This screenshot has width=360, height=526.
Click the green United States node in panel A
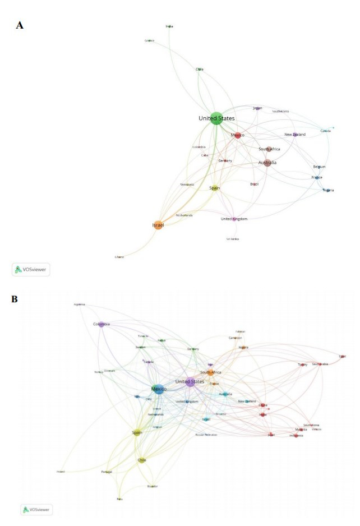click(x=216, y=119)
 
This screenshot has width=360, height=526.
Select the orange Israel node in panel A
click(x=158, y=225)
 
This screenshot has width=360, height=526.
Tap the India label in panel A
click(x=169, y=26)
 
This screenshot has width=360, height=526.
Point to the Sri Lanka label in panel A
click(x=233, y=239)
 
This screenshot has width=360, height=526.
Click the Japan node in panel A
click(x=257, y=108)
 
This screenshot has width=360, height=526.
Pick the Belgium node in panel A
click(x=319, y=167)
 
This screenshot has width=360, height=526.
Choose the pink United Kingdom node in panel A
click(x=234, y=219)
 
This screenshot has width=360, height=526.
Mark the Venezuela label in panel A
click(x=187, y=184)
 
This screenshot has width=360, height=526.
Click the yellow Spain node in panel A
click(x=214, y=188)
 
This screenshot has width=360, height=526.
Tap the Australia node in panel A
click(x=267, y=163)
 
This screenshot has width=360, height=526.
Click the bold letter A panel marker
click(x=20, y=25)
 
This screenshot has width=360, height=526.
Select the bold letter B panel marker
click(x=16, y=299)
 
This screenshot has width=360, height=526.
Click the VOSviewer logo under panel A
click(x=31, y=269)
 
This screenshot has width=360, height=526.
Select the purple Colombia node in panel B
click(x=101, y=324)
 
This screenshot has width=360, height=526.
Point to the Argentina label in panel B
click(x=79, y=304)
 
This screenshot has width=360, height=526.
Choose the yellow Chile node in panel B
click(x=142, y=460)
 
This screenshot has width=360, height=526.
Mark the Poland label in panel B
click(x=61, y=472)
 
